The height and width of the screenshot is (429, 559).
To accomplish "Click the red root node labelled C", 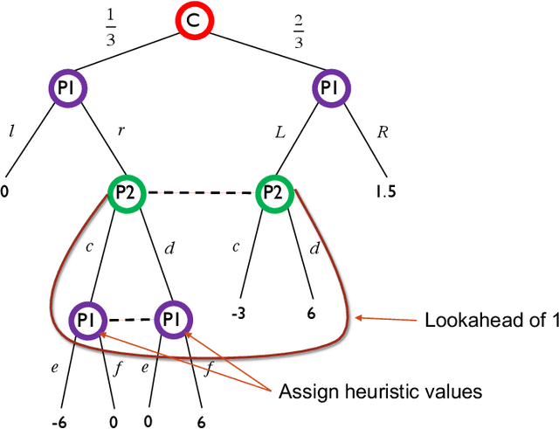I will (x=197, y=24).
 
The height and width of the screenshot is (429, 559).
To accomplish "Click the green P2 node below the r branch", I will (x=127, y=192).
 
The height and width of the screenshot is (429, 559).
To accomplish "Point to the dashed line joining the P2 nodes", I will (x=201, y=192).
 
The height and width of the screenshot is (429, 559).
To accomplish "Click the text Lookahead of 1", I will (x=490, y=320).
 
